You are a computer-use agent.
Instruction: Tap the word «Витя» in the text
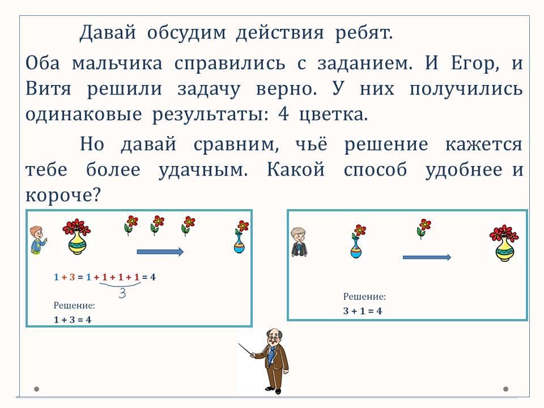click(48, 88)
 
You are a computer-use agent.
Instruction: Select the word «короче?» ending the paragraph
click(63, 195)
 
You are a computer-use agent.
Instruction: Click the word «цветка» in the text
click(333, 114)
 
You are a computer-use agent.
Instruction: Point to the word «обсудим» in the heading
click(186, 33)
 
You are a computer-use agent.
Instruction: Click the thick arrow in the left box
click(160, 252)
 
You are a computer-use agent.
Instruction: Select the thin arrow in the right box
click(427, 257)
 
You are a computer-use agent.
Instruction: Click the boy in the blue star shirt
click(37, 240)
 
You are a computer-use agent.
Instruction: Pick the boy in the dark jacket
click(299, 242)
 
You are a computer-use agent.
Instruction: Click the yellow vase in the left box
click(76, 236)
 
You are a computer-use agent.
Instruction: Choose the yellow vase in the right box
click(504, 243)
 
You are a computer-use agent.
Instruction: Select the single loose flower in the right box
click(423, 228)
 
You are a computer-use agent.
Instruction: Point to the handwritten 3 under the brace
click(122, 294)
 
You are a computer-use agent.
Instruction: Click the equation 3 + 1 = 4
click(363, 311)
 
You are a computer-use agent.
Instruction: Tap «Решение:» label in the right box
click(364, 296)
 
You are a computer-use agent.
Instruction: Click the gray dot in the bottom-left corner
click(36, 389)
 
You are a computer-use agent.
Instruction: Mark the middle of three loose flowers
click(157, 225)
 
